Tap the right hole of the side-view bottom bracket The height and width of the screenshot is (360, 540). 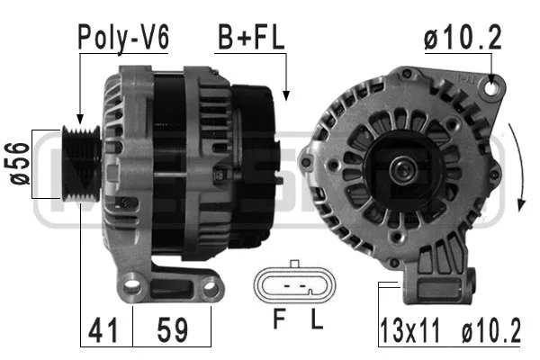pos(212,287)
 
